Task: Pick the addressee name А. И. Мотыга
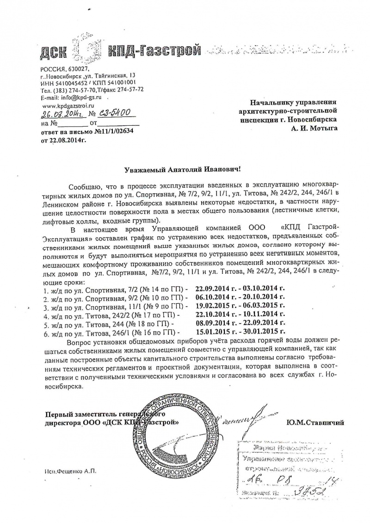(x=314, y=128)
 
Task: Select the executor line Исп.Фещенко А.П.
(x=68, y=471)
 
